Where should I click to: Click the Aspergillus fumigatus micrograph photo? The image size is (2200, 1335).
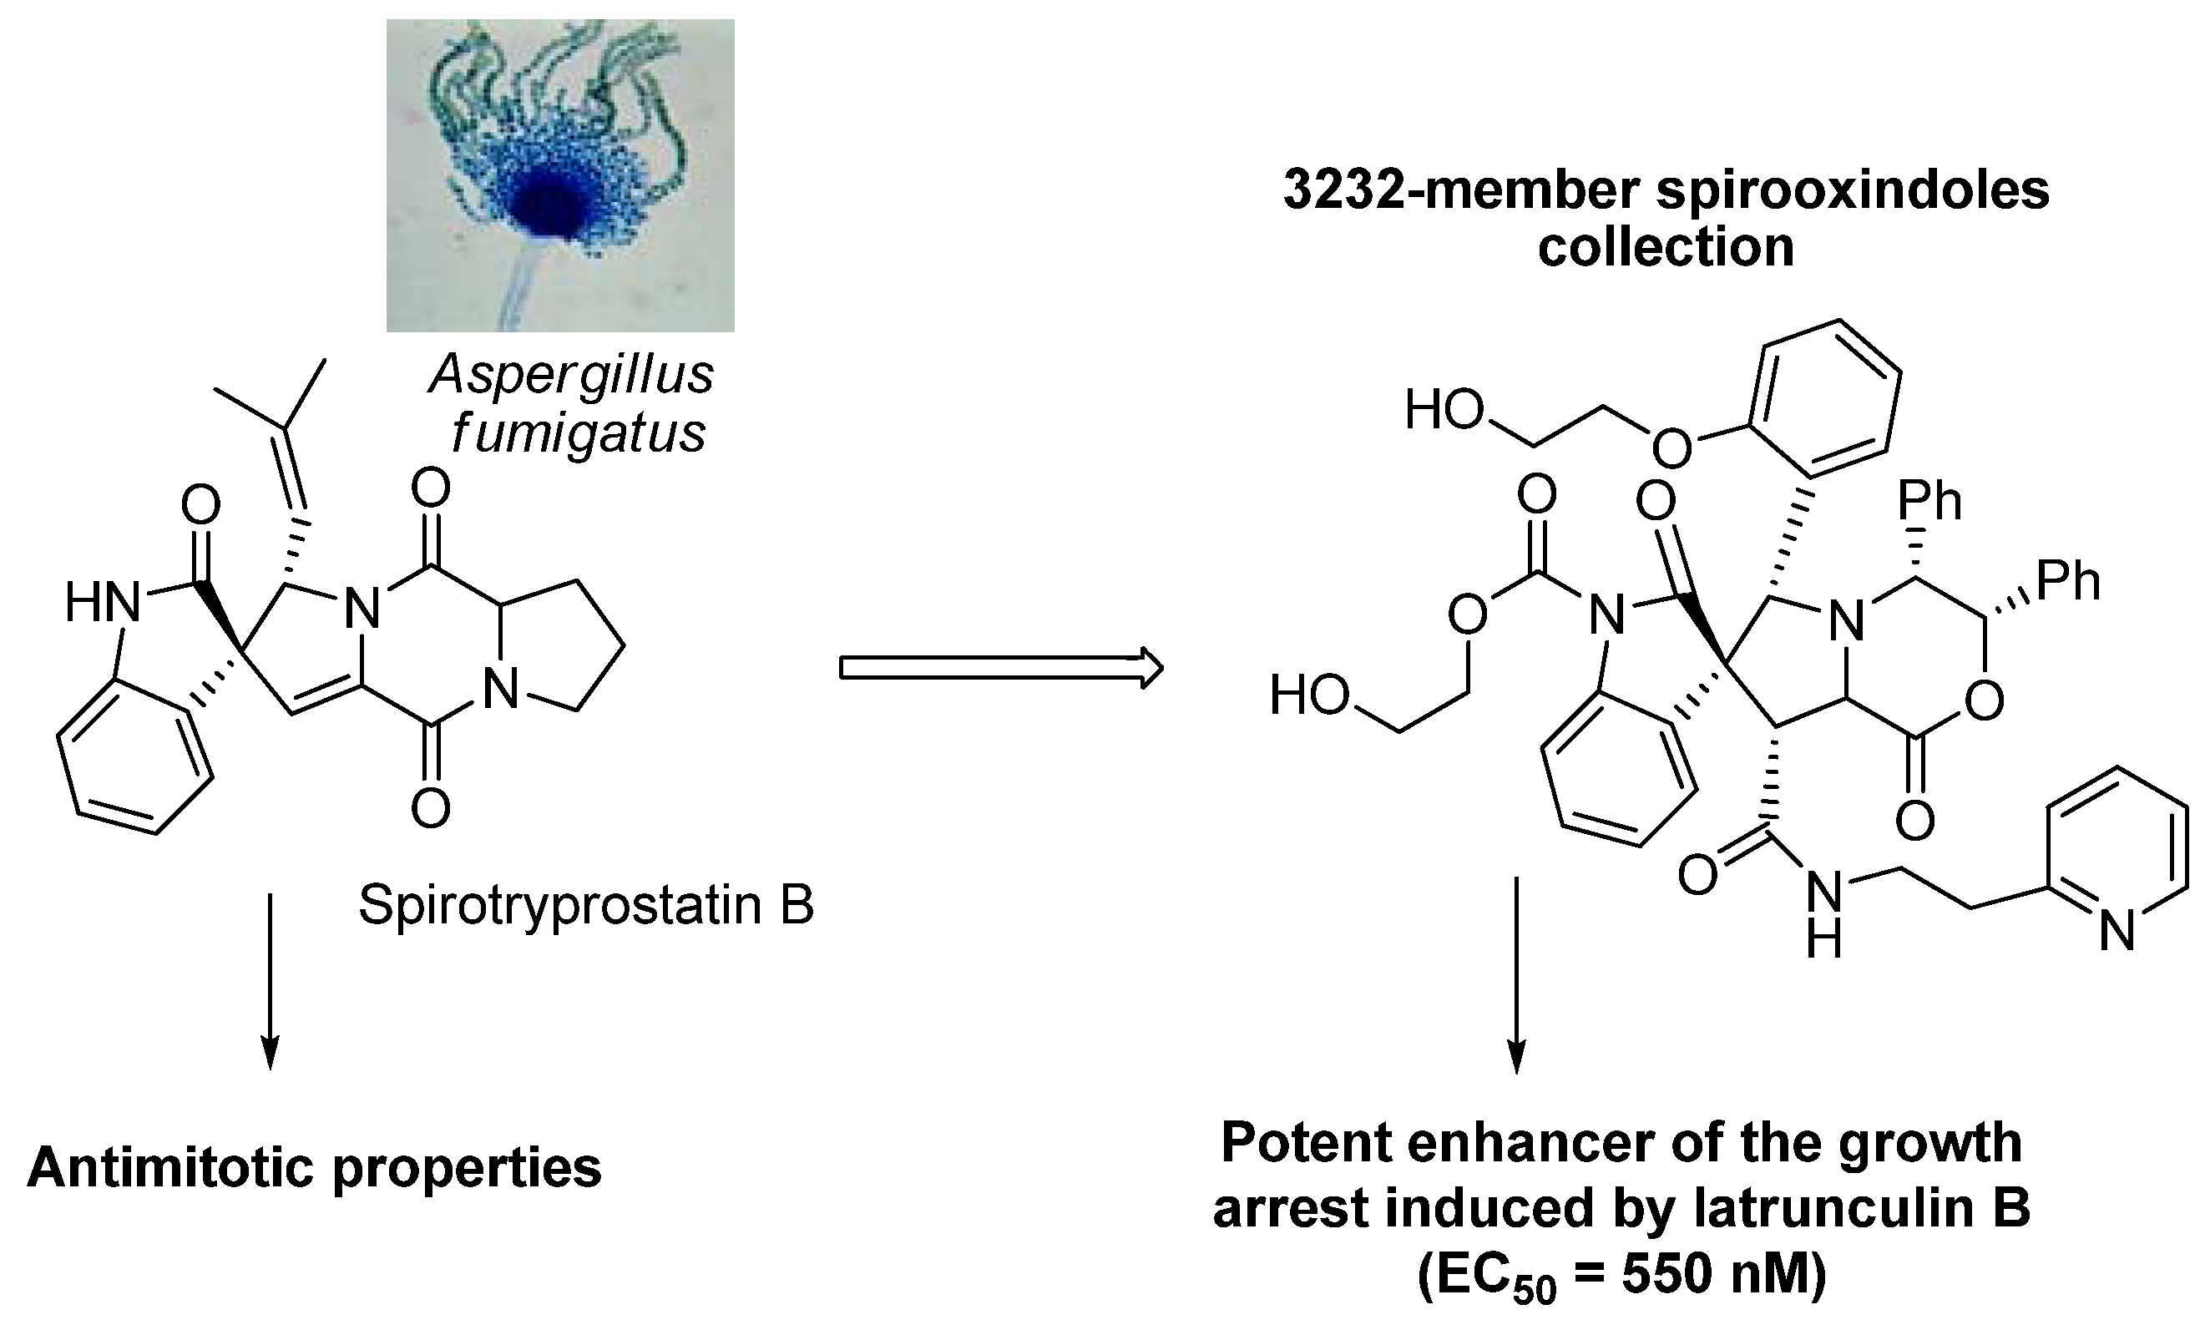pos(560,175)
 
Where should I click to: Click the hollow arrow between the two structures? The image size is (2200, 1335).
pos(1000,668)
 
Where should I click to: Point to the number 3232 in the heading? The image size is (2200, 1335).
pos(1346,190)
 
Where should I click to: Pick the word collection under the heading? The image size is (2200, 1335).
pos(1665,247)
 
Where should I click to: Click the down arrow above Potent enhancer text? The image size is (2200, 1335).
pos(1515,983)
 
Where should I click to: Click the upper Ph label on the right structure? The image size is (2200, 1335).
pos(1929,502)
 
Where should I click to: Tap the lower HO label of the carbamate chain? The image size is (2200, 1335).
pos(1310,695)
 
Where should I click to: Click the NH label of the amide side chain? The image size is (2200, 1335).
pos(1825,913)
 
